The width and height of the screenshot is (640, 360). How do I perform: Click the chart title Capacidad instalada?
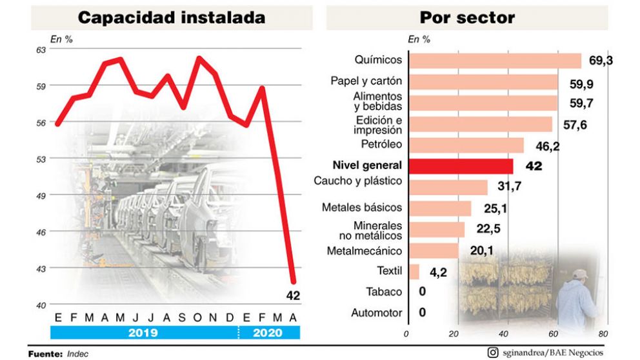tap(171, 17)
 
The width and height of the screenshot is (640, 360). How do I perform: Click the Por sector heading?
tap(467, 17)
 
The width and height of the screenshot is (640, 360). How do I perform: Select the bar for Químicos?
tap(495, 61)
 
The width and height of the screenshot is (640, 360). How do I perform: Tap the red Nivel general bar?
tap(461, 166)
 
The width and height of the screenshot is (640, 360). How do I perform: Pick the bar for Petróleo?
tap(466, 145)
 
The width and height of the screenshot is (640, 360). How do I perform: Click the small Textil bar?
tap(414, 272)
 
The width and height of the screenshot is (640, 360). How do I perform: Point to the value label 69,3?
tap(601, 61)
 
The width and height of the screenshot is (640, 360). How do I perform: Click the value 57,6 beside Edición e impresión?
tap(575, 125)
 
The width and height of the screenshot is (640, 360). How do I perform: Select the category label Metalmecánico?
tap(365, 250)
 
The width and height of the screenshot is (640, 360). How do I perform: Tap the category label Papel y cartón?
tap(366, 81)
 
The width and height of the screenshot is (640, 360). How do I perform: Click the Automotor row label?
tap(377, 313)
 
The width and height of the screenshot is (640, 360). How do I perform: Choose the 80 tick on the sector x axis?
tap(603, 334)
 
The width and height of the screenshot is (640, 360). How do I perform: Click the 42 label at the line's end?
tap(294, 296)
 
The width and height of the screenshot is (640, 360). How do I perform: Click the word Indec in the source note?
tap(77, 354)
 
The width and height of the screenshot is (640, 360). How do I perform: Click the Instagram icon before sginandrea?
tap(494, 352)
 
